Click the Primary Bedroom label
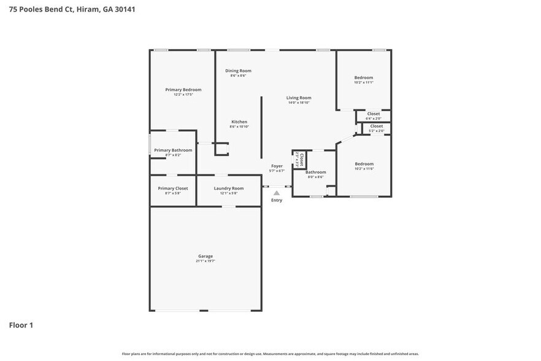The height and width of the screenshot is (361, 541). tap(183, 90)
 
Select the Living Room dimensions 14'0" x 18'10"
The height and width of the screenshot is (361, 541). tap(299, 103)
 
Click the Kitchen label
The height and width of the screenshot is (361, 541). tap(239, 122)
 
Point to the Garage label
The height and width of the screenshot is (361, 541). tap(205, 256)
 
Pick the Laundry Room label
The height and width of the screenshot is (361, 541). tap(229, 188)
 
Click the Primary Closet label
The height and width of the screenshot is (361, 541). tap(173, 188)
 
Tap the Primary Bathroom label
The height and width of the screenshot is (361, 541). tap(173, 150)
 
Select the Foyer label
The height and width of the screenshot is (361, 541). tap(277, 166)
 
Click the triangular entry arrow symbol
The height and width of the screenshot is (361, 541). tap(277, 193)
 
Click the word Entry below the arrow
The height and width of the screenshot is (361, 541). tap(277, 200)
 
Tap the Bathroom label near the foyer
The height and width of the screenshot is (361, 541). tap(316, 172)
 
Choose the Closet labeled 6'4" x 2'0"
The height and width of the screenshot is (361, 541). tap(374, 114)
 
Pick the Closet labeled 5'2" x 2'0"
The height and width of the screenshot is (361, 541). tap(377, 126)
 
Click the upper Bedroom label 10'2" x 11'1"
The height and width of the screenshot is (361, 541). tap(364, 77)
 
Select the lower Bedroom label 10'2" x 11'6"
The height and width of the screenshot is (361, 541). tap(364, 164)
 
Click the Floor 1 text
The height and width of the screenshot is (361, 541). tap(21, 325)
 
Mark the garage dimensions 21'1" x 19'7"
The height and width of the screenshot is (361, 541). tap(205, 261)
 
